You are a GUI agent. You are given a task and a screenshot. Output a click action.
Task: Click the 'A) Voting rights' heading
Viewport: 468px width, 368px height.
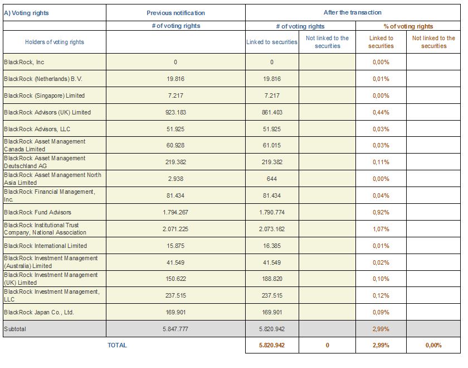(x=26, y=13)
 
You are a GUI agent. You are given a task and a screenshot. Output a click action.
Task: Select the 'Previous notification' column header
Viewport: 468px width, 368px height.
(x=175, y=13)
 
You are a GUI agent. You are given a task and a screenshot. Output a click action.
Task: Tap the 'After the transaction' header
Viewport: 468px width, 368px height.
(x=353, y=12)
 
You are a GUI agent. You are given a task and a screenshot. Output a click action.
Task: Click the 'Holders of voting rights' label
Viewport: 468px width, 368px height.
(x=55, y=42)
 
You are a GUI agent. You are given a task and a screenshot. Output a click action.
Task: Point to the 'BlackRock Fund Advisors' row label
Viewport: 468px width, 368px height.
(x=38, y=212)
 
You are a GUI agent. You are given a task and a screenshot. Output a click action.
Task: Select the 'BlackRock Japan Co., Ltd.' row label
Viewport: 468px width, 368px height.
(x=39, y=312)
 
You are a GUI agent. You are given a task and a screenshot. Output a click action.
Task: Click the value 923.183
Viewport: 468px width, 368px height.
(x=175, y=112)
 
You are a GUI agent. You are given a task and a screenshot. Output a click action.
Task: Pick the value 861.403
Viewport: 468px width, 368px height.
(x=272, y=112)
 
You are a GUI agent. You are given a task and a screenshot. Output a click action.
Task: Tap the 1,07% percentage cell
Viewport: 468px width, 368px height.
(x=381, y=229)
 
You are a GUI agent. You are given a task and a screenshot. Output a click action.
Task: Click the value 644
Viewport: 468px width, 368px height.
(x=272, y=179)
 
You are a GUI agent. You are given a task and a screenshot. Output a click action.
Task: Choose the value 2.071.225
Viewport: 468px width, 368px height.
(x=175, y=229)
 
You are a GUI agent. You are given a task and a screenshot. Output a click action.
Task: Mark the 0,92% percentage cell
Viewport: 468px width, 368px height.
(x=381, y=212)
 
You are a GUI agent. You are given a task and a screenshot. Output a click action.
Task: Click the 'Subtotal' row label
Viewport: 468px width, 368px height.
(x=15, y=329)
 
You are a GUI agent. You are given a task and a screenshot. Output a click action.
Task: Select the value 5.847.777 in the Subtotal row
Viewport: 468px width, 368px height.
(x=175, y=329)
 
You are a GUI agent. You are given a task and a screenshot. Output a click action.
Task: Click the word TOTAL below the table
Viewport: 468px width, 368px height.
(x=117, y=345)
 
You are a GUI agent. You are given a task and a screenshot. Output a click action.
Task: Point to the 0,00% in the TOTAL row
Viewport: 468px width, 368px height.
(x=433, y=345)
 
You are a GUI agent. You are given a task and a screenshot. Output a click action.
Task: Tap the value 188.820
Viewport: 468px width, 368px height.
(x=272, y=279)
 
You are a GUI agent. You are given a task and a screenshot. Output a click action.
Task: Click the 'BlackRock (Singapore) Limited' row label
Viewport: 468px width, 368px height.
(x=44, y=95)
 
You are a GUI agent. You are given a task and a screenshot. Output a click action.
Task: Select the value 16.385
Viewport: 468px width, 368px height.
(x=272, y=246)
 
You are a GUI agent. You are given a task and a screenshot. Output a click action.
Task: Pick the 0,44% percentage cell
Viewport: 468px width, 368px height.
(x=381, y=112)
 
